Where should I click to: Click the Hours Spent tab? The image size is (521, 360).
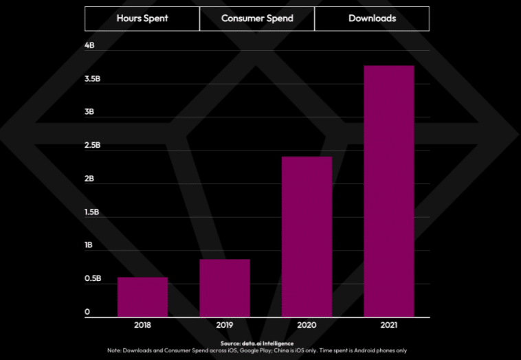pos(142,19)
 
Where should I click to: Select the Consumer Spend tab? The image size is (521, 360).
pos(257,19)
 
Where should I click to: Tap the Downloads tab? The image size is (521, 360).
pos(372,19)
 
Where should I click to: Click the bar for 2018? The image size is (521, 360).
pos(142,297)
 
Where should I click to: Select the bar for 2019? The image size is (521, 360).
pos(225,288)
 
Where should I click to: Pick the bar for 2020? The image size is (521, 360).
pos(307,236)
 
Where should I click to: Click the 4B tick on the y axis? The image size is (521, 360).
pos(89,45)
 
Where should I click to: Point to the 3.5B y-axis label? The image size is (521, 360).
pos(92,79)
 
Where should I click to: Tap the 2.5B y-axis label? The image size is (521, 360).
pos(92,146)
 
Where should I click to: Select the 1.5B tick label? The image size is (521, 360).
pos(92,212)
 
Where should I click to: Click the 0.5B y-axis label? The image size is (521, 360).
pos(92,279)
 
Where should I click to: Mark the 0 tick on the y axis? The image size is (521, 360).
pos(87,313)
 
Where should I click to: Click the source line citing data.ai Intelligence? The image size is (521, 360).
pos(257,343)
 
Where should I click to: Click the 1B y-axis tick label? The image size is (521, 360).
pos(89,246)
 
